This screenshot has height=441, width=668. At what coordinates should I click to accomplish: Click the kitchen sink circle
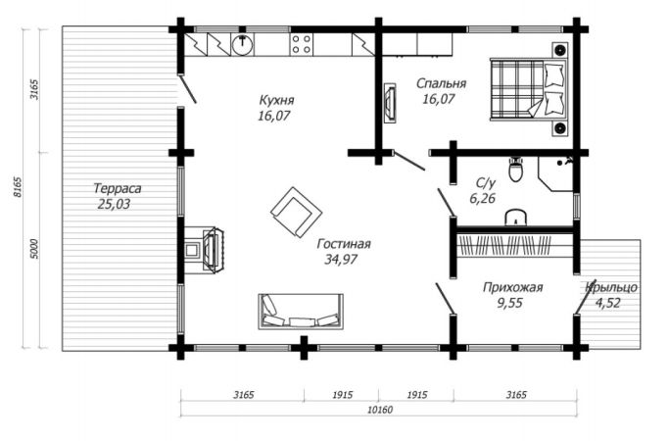click(242, 44)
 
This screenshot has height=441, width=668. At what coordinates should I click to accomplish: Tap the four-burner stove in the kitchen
click(302, 44)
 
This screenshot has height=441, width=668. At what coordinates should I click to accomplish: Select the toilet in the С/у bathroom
click(516, 170)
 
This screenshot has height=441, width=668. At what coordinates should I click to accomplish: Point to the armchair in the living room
click(297, 212)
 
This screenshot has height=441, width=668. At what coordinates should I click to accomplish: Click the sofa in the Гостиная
click(301, 311)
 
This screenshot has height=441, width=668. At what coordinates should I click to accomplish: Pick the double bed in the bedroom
click(528, 88)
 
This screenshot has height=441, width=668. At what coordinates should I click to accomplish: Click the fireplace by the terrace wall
click(205, 250)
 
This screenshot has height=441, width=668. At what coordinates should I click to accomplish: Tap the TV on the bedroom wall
click(390, 103)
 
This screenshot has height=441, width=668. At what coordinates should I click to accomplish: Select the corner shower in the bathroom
click(555, 173)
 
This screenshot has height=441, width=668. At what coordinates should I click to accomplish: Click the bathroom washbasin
click(516, 218)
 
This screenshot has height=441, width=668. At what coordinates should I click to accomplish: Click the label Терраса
click(118, 188)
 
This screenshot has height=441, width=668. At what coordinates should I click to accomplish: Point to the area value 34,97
click(341, 259)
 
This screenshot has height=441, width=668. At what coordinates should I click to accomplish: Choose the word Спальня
click(441, 83)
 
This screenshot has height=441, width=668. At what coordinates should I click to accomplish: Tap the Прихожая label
click(512, 287)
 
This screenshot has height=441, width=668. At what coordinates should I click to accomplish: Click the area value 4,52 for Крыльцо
click(607, 303)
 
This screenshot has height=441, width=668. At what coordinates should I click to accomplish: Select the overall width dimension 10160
click(380, 410)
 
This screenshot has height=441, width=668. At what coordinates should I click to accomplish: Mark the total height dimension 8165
click(18, 187)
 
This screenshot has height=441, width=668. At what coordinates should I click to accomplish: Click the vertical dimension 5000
click(35, 249)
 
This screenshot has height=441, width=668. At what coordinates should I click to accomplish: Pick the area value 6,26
click(482, 199)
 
